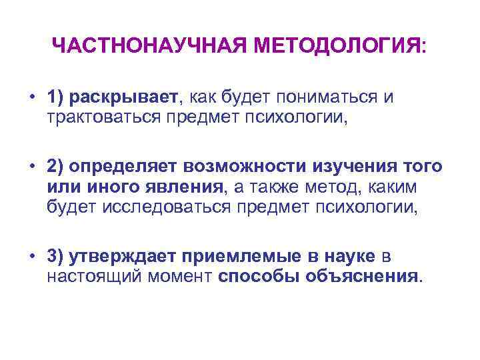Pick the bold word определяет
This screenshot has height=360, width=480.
click(x=130, y=166)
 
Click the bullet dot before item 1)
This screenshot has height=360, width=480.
click(x=32, y=98)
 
